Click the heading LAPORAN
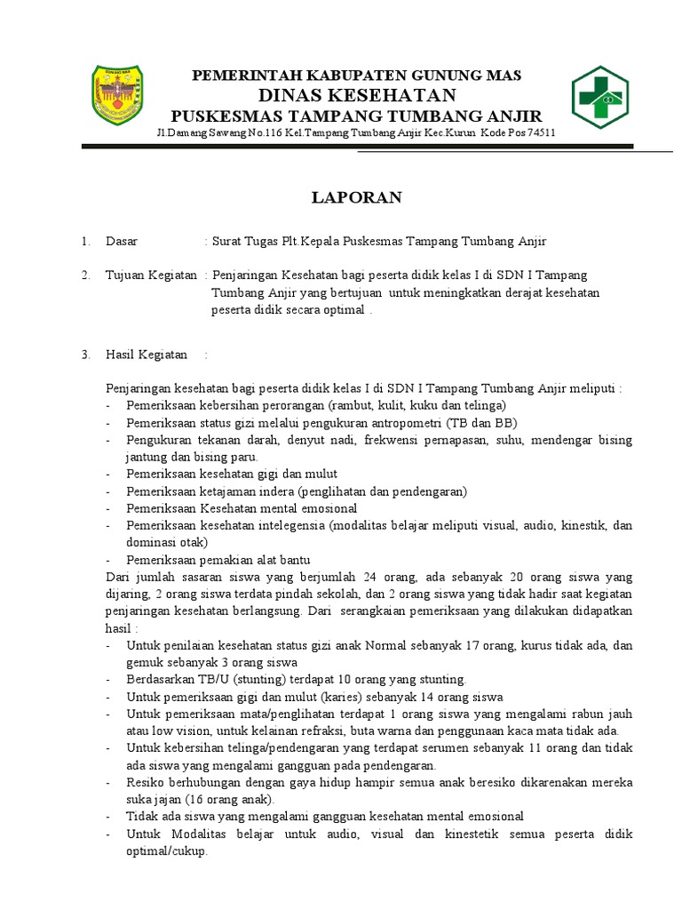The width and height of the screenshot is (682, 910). pos(356,197)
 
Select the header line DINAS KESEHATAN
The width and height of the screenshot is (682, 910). pos(357,95)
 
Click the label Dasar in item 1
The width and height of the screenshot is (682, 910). pos(122,242)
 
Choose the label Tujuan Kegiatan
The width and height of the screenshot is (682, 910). pos(151,275)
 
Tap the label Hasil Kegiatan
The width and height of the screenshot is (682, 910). pos(147,355)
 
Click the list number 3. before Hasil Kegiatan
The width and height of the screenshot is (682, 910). pos(86,355)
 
